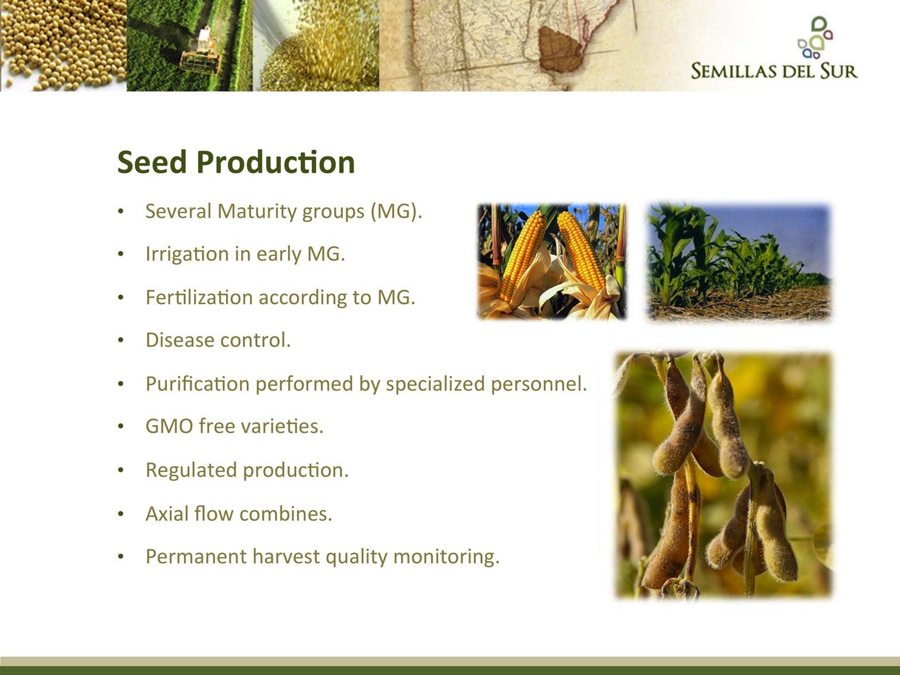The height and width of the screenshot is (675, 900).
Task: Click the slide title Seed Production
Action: (x=236, y=162)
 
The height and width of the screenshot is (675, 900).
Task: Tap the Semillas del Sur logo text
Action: (x=774, y=70)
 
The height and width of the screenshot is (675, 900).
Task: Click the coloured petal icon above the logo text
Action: (x=815, y=37)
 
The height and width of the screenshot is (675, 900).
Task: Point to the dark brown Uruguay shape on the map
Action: (x=560, y=48)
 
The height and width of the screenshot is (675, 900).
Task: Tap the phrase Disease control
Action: (x=218, y=340)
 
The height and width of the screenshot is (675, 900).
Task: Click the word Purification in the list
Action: (x=198, y=384)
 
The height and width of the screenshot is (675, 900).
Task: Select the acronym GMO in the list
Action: (x=169, y=426)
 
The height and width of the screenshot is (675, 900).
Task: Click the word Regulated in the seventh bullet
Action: (x=191, y=470)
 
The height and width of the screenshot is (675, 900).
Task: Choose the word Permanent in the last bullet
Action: (x=196, y=557)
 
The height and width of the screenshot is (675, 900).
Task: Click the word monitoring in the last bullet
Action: (x=446, y=557)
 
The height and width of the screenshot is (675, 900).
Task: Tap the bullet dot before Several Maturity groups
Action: (x=121, y=212)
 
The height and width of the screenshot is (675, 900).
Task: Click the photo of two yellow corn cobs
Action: (x=552, y=261)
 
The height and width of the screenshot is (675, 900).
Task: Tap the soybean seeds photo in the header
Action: (x=63, y=45)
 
